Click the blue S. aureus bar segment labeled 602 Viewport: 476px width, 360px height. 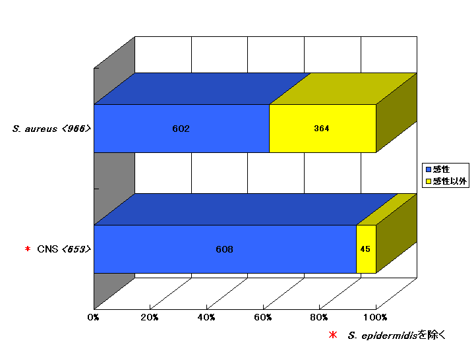181,129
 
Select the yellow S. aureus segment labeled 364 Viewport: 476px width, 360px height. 322,129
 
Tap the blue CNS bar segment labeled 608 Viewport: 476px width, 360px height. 225,249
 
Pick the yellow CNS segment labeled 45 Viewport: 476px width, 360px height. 366,249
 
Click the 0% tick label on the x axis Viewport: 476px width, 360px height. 93,318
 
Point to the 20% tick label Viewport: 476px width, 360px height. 150,318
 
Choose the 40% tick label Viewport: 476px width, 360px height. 206,318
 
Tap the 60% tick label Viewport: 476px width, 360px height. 262,318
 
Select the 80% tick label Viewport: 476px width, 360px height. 318,318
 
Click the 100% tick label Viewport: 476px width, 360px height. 375,318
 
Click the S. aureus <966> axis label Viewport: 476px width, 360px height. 51,129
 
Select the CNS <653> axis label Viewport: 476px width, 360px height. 64,249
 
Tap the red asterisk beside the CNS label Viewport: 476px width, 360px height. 28,249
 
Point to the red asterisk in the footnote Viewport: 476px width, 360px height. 333,335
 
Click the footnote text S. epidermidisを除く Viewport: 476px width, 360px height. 396,335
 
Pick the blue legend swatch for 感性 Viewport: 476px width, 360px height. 429,169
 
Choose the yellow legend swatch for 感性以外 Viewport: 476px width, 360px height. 429,181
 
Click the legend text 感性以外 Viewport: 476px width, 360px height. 450,181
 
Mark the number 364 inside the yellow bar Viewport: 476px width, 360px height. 322,129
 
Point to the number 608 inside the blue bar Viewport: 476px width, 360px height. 224,249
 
